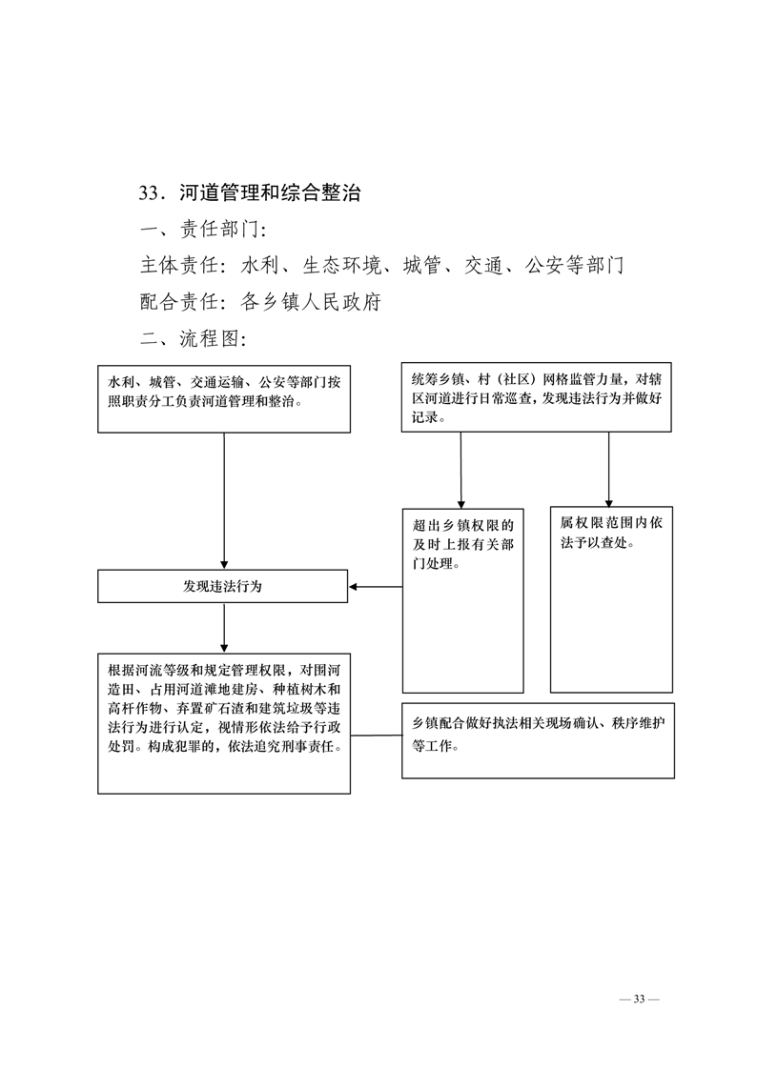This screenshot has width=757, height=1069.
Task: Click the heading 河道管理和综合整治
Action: [x=270, y=193]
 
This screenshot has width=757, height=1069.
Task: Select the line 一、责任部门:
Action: [x=202, y=229]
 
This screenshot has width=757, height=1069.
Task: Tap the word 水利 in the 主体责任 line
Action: [x=260, y=265]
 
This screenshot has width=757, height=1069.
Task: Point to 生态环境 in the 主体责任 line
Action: [x=341, y=265]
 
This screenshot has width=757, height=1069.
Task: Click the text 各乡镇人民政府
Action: [x=311, y=302]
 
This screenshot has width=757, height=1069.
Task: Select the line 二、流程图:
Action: [x=193, y=338]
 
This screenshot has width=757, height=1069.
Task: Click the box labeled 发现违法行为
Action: [x=222, y=586]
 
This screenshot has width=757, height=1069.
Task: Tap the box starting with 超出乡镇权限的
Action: [x=463, y=600]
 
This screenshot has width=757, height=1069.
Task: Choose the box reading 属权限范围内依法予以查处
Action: [x=611, y=599]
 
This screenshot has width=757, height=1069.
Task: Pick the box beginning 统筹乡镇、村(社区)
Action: [x=536, y=396]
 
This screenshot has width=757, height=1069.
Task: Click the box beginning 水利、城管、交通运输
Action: [x=224, y=398]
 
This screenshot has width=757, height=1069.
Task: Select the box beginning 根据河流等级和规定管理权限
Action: [x=224, y=723]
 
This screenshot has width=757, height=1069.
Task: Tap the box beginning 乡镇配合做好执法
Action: [x=538, y=740]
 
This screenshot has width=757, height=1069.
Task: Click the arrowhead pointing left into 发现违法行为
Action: [x=354, y=586]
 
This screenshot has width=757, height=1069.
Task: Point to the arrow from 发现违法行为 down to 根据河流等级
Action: [x=224, y=628]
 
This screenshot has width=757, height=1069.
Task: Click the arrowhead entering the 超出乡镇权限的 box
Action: [x=461, y=505]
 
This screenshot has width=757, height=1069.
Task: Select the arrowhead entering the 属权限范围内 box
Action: [x=609, y=503]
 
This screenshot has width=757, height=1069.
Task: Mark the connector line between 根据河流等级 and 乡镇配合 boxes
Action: [x=376, y=736]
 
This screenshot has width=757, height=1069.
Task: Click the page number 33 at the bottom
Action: [x=639, y=999]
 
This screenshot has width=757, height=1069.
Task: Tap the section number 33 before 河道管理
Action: [x=149, y=193]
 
